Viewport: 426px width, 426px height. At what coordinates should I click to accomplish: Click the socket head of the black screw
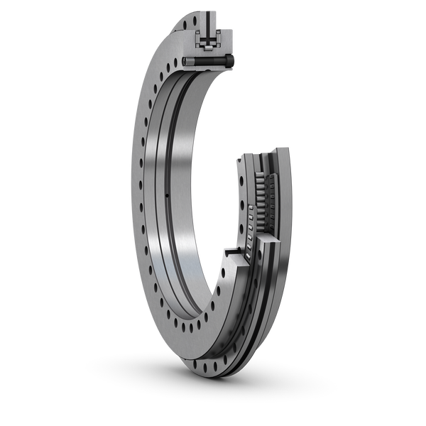click(x=229, y=62)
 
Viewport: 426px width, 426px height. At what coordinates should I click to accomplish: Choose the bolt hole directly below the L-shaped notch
click(x=226, y=274)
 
